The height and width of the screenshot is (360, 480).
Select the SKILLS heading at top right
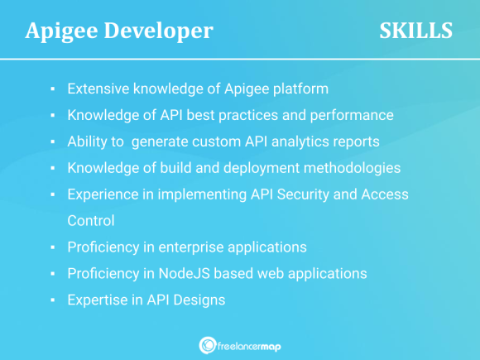pos(415,31)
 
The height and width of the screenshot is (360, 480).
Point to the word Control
pos(91,221)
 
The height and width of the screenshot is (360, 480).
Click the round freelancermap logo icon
pos(208,345)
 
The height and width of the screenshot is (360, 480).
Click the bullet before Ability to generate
pos(52,142)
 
